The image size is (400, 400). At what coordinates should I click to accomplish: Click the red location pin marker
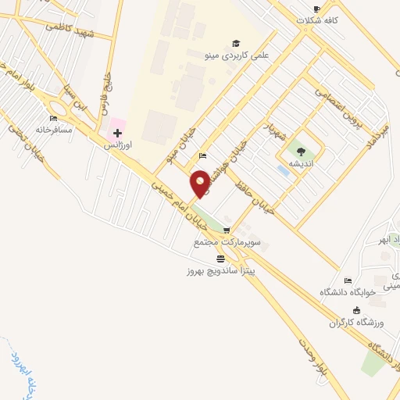click(200, 183)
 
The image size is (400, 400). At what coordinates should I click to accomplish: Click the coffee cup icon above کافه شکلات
click(316, 9)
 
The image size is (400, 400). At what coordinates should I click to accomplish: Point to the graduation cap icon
click(236, 43)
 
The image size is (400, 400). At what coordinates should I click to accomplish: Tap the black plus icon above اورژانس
click(117, 134)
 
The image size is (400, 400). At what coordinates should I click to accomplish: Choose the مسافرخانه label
click(53, 130)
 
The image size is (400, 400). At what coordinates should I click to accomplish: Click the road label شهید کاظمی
click(70, 28)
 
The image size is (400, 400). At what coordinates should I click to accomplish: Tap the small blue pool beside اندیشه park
click(283, 170)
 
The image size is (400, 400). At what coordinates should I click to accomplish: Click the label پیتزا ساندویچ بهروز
click(221, 270)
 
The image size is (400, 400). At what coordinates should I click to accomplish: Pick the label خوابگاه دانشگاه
click(348, 291)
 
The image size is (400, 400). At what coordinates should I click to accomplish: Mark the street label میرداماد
click(378, 135)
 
